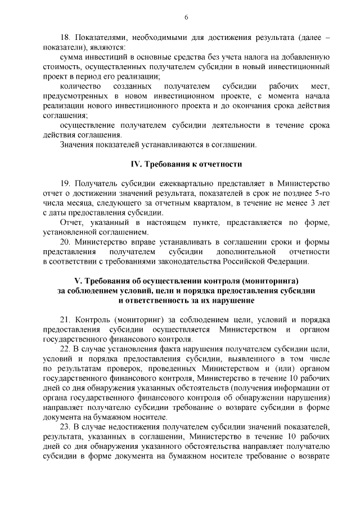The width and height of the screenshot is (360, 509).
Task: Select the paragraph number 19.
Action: click(64, 183)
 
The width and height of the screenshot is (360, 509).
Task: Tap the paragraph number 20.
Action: click(64, 242)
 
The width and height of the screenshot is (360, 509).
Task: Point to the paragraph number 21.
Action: click(64, 319)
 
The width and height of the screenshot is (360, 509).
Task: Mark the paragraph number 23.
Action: click(64, 427)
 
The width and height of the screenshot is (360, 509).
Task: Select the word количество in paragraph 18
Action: click(80, 86)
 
